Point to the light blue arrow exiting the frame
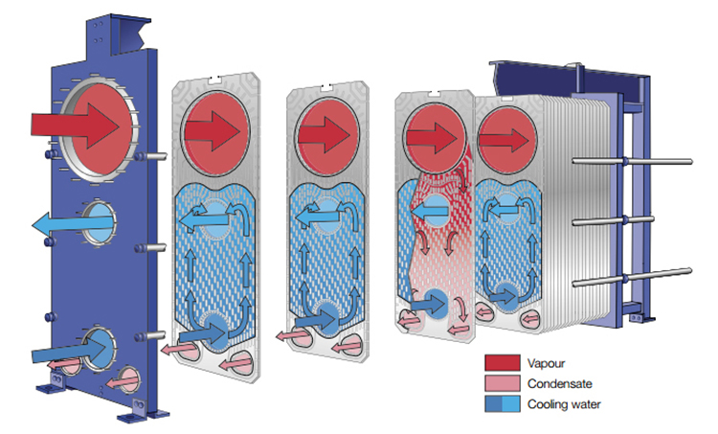pos(67,224)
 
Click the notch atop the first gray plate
pos(217,79)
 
